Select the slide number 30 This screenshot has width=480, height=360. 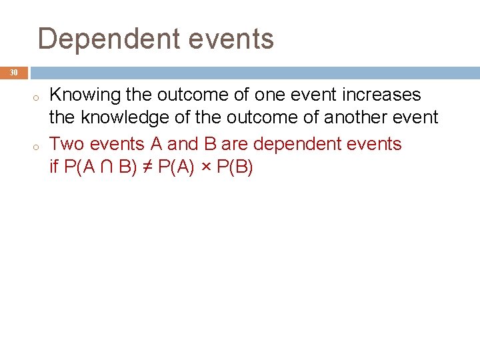click(x=14, y=72)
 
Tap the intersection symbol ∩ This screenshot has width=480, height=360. click(x=107, y=166)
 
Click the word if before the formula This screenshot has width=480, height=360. click(x=55, y=166)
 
